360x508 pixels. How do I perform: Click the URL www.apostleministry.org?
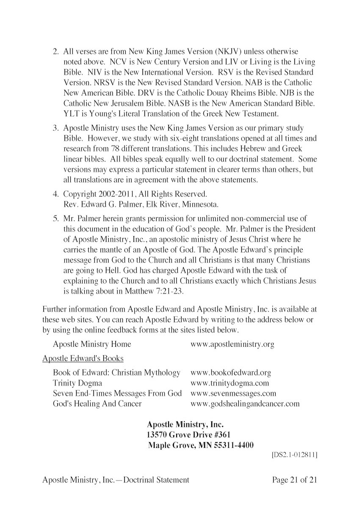pyautogui.click(x=233, y=344)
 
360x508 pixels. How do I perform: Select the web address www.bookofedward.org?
pyautogui.click(x=231, y=373)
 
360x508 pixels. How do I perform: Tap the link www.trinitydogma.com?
pyautogui.click(x=230, y=383)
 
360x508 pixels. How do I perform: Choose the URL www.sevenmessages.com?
pyautogui.click(x=233, y=393)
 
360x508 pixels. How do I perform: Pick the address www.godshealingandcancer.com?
pyautogui.click(x=245, y=404)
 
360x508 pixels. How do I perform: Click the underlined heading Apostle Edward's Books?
pyautogui.click(x=83, y=359)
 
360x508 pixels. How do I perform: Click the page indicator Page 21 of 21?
pyautogui.click(x=295, y=480)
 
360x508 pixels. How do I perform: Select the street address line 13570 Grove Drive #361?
pyautogui.click(x=189, y=435)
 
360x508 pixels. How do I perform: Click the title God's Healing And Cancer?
pyautogui.click(x=97, y=404)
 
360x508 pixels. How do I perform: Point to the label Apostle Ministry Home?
pyautogui.click(x=92, y=344)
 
